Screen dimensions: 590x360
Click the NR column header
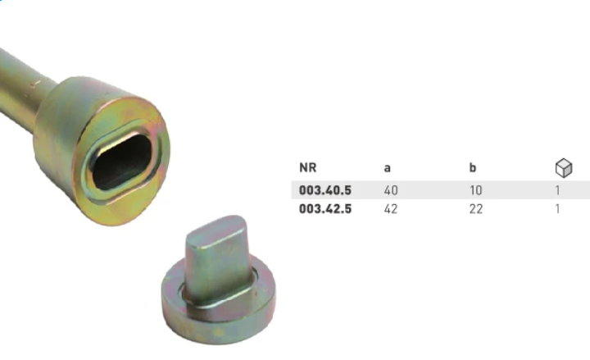pyautogui.click(x=308, y=167)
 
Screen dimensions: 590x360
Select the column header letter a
pyautogui.click(x=387, y=168)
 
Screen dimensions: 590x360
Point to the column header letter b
pyautogui.click(x=473, y=167)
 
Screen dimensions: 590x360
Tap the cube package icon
pyautogui.click(x=564, y=168)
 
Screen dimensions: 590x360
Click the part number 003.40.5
pyautogui.click(x=325, y=190)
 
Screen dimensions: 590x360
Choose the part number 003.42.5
pyautogui.click(x=325, y=208)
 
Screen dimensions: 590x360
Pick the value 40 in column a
pyautogui.click(x=391, y=190)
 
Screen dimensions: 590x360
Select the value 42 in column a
pyautogui.click(x=391, y=208)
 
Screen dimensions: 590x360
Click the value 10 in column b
pyautogui.click(x=476, y=190)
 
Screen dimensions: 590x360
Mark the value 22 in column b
pyautogui.click(x=476, y=208)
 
